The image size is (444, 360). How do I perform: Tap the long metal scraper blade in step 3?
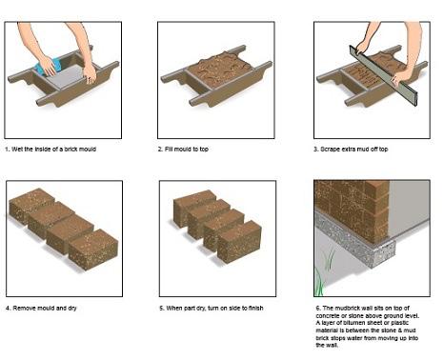pos(383,75)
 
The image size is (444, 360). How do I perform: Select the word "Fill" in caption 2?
pos(169,150)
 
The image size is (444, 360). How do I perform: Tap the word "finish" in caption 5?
pos(255,309)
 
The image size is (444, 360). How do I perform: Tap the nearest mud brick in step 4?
pos(93,250)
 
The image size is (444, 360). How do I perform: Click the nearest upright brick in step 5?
pos(239,241)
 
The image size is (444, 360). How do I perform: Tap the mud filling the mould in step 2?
pos(218,69)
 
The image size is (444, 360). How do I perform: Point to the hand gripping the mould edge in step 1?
pos(90,73)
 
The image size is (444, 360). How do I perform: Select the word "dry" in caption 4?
pos(72,309)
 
